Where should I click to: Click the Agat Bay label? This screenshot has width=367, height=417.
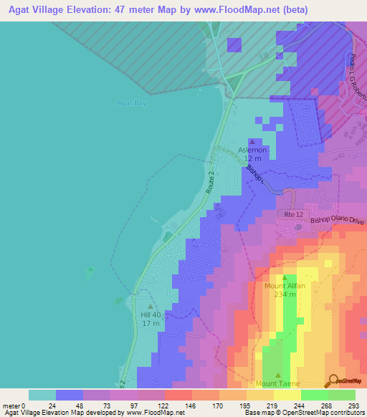coord(131,103)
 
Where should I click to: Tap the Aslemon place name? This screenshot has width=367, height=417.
coord(252,150)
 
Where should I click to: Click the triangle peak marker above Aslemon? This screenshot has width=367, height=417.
coord(251,141)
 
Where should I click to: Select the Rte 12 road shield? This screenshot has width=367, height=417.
coord(290,214)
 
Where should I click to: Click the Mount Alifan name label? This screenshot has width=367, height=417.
coord(285,286)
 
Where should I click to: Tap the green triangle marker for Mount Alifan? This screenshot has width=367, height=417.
coord(285,277)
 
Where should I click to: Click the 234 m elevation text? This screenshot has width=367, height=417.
coord(285,294)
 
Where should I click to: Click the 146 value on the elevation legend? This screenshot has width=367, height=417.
coord(190,405)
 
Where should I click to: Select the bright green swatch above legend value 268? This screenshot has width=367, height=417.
coord(314,395)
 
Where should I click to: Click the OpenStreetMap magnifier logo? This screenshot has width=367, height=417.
coord(332,380)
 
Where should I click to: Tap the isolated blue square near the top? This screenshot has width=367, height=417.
coord(234,44)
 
